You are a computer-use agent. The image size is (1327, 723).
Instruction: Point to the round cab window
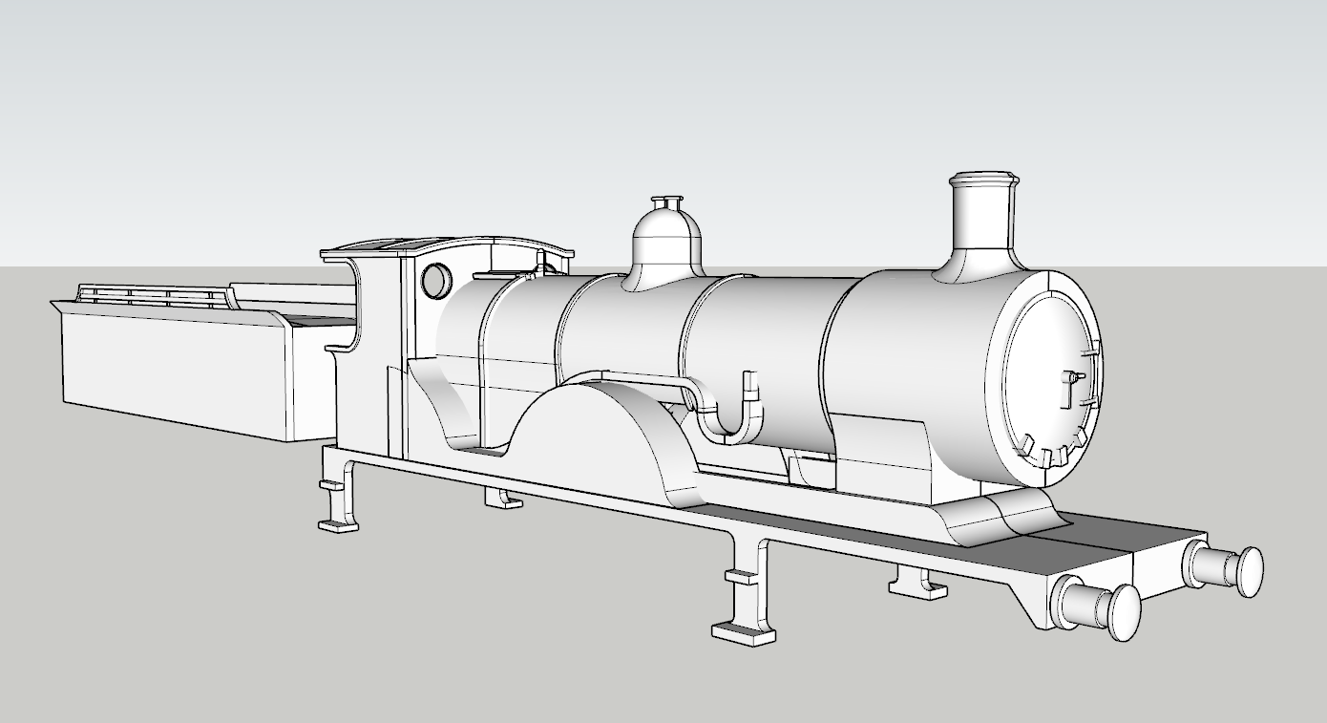(436, 280)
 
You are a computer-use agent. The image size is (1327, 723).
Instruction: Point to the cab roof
(449, 246)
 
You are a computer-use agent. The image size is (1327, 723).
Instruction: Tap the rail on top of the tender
(153, 293)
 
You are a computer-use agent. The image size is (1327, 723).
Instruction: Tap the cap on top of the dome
(666, 203)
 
